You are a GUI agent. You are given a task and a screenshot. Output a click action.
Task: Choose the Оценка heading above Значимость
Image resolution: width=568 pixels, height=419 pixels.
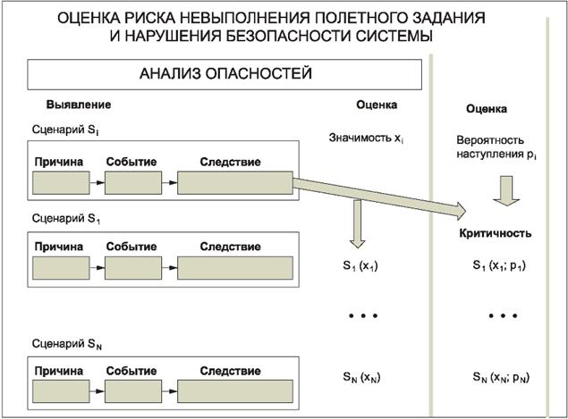pos(377,105)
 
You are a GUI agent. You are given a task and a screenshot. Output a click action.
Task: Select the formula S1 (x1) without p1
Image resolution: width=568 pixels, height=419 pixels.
pos(360,266)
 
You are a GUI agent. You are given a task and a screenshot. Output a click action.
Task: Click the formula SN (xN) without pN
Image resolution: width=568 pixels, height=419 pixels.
pos(360,378)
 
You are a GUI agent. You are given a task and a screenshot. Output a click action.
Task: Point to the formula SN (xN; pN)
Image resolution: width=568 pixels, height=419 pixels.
pos(502,378)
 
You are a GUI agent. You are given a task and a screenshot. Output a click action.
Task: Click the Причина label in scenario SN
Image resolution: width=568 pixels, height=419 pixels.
pos(59,370)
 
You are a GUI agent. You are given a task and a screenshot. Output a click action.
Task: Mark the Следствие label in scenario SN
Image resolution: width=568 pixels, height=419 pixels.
pos(230,370)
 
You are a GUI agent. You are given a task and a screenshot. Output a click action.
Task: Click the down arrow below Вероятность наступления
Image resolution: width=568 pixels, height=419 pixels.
pos(503,190)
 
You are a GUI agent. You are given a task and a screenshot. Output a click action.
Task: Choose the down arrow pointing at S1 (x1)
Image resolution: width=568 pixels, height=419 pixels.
pos(359,223)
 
